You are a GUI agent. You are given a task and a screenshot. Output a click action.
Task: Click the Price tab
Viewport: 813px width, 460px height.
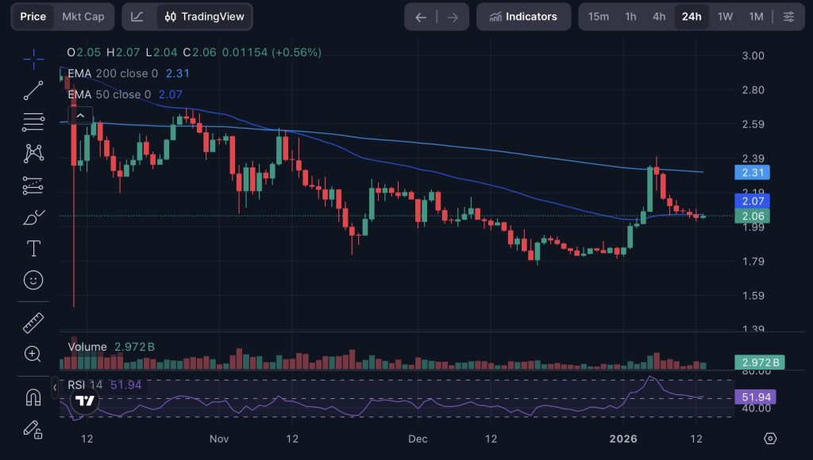pos(33,17)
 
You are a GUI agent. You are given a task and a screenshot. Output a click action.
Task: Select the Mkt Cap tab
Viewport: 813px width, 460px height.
pos(83,17)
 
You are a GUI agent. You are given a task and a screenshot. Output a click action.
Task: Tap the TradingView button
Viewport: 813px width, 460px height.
pos(205,17)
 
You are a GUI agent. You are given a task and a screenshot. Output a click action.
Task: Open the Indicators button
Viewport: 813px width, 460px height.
pos(523,17)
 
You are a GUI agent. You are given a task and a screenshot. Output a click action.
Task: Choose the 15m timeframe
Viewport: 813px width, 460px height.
pos(599,17)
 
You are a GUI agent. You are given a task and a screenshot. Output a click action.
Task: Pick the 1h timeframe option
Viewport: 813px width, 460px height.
pos(630,17)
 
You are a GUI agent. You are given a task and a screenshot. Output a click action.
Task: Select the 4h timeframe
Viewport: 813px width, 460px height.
pos(659,17)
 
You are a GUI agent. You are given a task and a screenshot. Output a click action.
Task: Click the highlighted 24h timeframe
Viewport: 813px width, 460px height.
pos(692,17)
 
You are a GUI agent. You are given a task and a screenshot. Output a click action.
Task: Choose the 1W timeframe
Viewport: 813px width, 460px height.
pos(725,17)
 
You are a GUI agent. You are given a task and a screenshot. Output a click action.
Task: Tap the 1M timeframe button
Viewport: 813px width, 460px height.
pos(756,17)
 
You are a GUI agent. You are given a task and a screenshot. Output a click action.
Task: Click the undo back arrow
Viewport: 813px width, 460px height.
pos(421,17)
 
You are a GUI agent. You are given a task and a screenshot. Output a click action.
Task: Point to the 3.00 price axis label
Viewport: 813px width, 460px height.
pos(753,56)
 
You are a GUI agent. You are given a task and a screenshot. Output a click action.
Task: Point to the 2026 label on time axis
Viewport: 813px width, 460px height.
pos(623,439)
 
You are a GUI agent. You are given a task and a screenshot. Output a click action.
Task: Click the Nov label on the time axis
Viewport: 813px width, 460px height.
pos(220,439)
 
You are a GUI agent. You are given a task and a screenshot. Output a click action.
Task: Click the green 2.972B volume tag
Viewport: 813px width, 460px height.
pos(757,362)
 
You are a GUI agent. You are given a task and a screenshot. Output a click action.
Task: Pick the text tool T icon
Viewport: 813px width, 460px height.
pos(33,249)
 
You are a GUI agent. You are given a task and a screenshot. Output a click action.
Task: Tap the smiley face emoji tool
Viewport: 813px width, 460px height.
pos(33,280)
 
